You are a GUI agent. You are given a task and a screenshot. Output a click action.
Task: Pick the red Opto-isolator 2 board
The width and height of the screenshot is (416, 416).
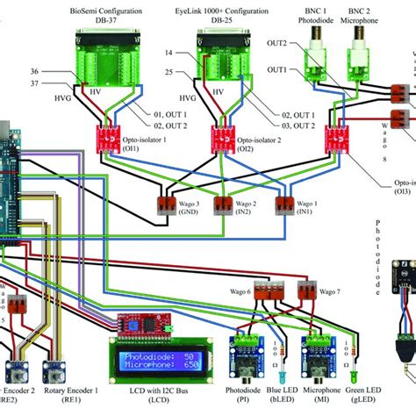click(219, 137)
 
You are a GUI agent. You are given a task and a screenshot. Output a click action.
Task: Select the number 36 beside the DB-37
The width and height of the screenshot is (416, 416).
click(34, 71)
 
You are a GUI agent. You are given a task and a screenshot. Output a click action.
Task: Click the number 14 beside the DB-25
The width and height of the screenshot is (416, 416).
click(166, 54)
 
